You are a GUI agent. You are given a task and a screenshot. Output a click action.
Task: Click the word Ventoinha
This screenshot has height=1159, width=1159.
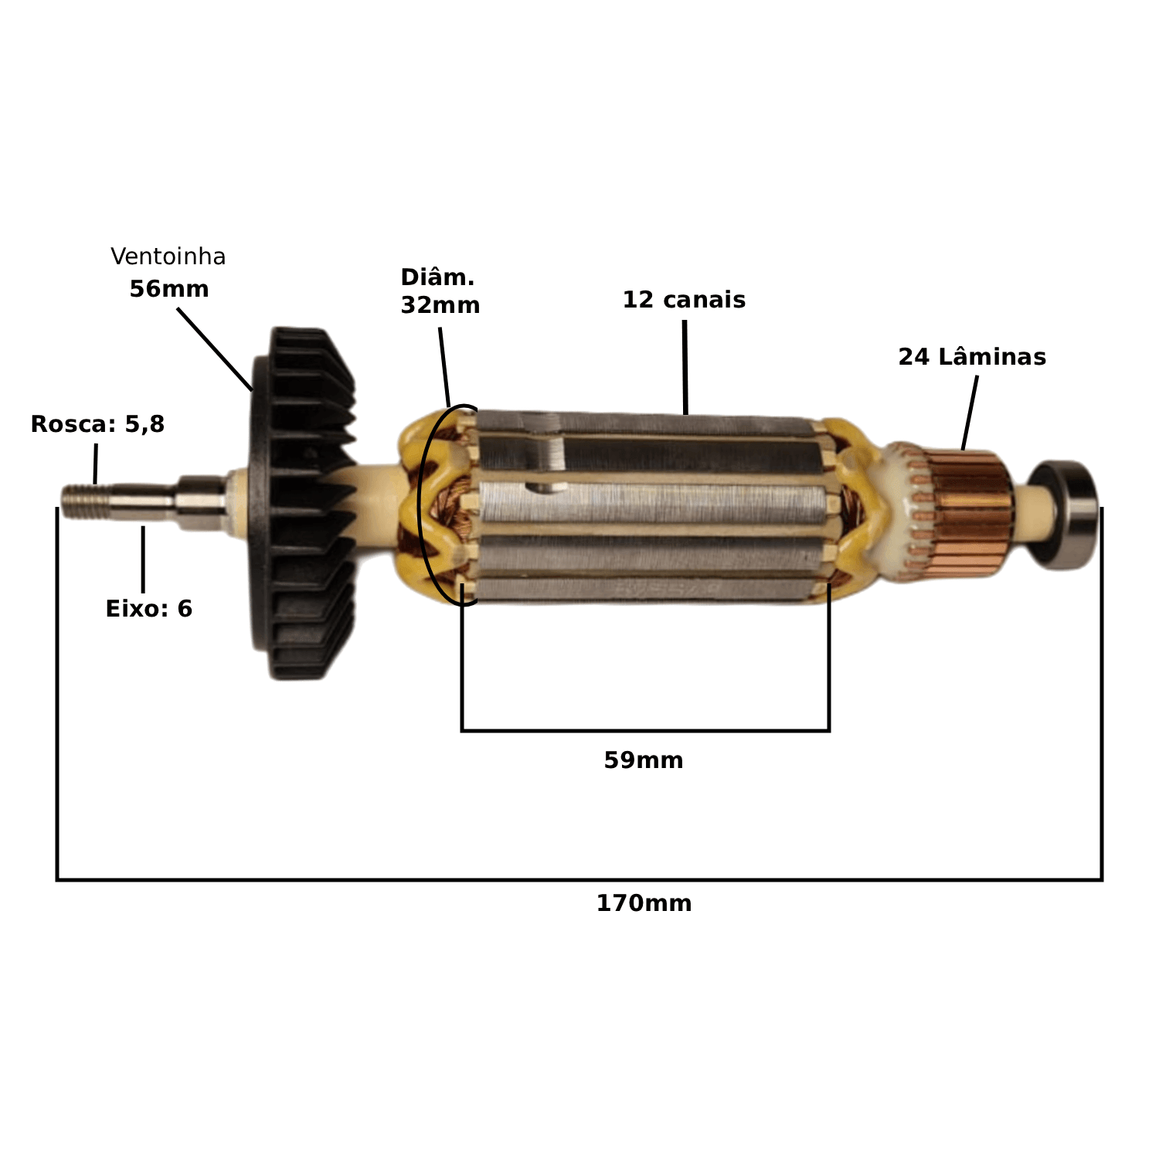coord(168,257)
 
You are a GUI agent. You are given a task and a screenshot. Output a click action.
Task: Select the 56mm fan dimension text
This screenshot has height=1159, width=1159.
coord(169,289)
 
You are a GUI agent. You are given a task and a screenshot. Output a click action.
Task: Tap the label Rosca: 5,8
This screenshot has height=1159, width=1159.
coord(97,424)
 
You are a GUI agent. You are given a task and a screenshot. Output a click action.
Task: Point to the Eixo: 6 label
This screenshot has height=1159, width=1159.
coord(148,609)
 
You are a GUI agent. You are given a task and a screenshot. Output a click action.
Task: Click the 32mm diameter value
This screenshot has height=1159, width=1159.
coord(440,305)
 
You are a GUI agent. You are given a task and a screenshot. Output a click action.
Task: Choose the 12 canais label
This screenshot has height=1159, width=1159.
coord(684,300)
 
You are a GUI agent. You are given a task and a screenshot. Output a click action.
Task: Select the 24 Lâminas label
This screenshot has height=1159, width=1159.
coord(972,357)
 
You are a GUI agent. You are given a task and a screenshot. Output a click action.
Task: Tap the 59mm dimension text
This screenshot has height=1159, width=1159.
coord(644,760)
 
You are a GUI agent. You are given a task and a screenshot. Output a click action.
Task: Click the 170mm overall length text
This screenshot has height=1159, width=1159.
coord(644,903)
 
